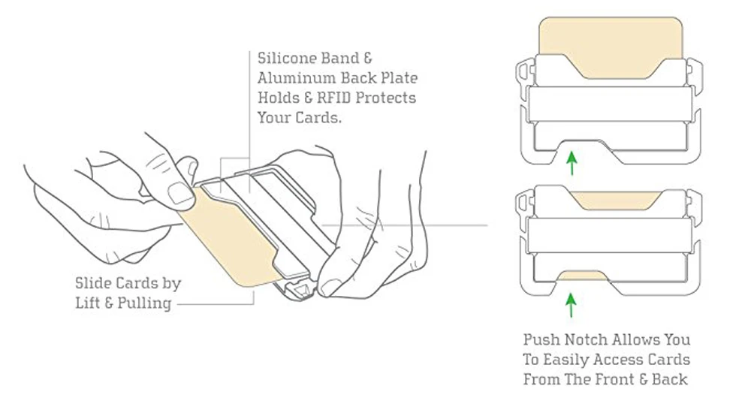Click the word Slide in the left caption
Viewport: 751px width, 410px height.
click(x=94, y=284)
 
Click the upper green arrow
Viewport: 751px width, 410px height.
click(x=572, y=163)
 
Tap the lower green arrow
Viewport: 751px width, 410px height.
click(x=572, y=304)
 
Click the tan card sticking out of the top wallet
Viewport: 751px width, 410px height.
click(x=611, y=42)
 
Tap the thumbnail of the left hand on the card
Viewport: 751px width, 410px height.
click(x=181, y=193)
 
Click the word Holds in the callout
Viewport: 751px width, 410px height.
click(x=279, y=98)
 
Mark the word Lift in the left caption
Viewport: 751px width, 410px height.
click(x=90, y=304)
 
